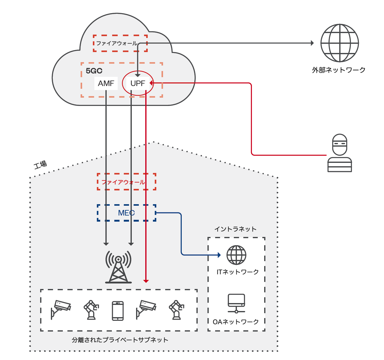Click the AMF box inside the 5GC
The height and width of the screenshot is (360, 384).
pos(106,83)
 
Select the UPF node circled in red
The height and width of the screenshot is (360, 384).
pos(138,83)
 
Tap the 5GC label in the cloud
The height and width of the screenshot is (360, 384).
pos(94,71)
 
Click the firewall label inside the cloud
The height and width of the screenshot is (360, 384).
pos(117,43)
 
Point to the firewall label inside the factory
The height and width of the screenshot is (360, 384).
pos(123,182)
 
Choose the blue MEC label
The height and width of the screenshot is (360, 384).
pos(126,213)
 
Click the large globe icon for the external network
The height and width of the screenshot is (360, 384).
pos(340,43)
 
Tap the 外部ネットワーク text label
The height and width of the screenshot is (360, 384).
pos(339,70)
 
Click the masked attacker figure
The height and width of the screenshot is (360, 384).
pos(340,153)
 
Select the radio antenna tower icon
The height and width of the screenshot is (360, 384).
pos(118,267)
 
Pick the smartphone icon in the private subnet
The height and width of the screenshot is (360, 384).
pos(118,311)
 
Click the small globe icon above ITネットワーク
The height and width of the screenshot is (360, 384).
pos(236,255)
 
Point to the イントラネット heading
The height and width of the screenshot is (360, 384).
pos(235,229)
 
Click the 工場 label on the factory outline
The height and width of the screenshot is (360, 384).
pos(40,164)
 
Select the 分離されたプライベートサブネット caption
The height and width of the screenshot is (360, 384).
pos(120,340)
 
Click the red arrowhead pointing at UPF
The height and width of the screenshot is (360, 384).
pos(151,83)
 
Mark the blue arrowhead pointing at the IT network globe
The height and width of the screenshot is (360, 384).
pos(219,255)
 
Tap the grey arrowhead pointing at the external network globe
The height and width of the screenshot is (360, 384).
pos(312,43)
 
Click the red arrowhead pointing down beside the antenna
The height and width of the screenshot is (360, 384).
pos(146,281)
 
